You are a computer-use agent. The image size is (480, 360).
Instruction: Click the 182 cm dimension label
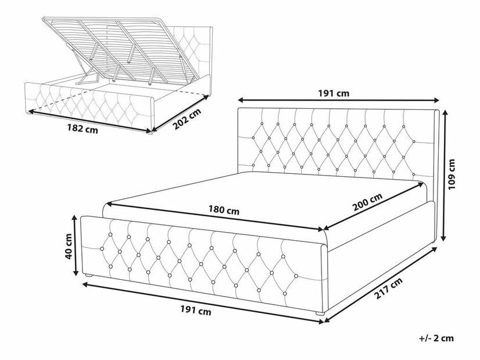(83, 129)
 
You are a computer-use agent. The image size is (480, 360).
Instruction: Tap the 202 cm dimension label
(187, 119)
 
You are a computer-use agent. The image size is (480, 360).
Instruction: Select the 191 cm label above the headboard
(334, 93)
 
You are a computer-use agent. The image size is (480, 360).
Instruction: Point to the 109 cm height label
(452, 174)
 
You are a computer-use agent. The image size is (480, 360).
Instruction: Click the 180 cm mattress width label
(224, 211)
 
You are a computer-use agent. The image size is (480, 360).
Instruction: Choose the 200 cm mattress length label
(367, 202)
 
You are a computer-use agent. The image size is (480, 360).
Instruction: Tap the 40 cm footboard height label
(69, 246)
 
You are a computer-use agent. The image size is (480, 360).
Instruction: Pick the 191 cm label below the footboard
(196, 311)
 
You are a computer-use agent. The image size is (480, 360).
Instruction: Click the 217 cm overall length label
(388, 288)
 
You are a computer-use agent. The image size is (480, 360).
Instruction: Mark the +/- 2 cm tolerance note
(436, 338)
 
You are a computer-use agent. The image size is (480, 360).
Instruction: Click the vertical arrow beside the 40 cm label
(75, 245)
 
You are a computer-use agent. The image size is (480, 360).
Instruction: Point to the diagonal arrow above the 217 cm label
(381, 285)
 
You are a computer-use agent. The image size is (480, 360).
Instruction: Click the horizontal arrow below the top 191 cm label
(339, 100)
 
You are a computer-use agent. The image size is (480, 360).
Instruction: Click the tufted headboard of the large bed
(338, 144)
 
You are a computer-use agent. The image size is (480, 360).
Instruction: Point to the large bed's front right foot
(320, 313)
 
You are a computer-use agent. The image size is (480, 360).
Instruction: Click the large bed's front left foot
(88, 276)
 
